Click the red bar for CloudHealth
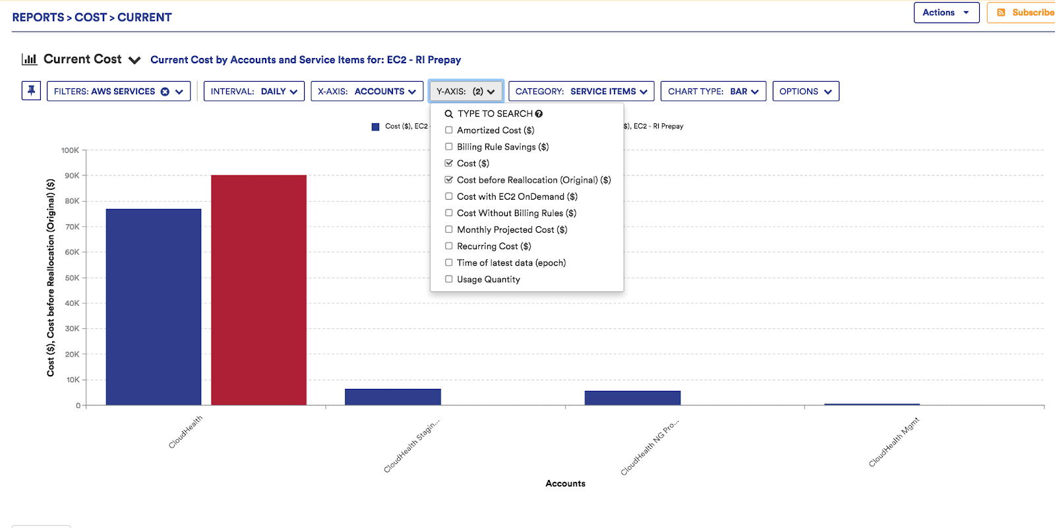pyautogui.click(x=258, y=290)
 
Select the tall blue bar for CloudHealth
pyautogui.click(x=153, y=307)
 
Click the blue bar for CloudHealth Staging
pyautogui.click(x=392, y=397)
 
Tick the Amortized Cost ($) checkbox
pyautogui.click(x=449, y=131)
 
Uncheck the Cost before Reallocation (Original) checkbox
pyautogui.click(x=449, y=180)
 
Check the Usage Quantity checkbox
pyautogui.click(x=449, y=279)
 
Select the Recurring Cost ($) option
pyautogui.click(x=493, y=247)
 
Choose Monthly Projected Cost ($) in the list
pyautogui.click(x=512, y=230)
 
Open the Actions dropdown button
pyautogui.click(x=946, y=13)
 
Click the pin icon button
pyautogui.click(x=31, y=91)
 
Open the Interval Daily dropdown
pyautogui.click(x=254, y=92)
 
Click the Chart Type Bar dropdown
pyautogui.click(x=713, y=92)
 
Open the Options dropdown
pyautogui.click(x=805, y=92)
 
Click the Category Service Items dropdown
pyautogui.click(x=581, y=92)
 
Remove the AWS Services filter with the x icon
pyautogui.click(x=165, y=92)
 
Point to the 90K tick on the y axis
pyautogui.click(x=72, y=176)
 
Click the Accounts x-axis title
pyautogui.click(x=565, y=484)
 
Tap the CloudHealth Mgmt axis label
pyautogui.click(x=893, y=442)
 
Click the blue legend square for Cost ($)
pyautogui.click(x=376, y=127)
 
